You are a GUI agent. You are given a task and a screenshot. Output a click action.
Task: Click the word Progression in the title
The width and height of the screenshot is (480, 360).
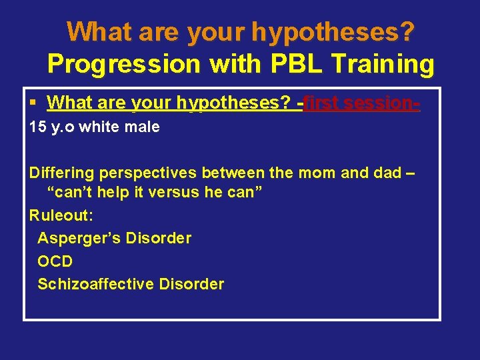click(124, 64)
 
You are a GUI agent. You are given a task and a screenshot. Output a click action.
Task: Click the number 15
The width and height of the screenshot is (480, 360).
click(37, 127)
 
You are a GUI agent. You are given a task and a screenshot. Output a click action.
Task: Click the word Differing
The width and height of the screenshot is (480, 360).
click(62, 173)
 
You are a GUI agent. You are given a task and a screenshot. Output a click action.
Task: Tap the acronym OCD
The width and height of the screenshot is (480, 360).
click(55, 261)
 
